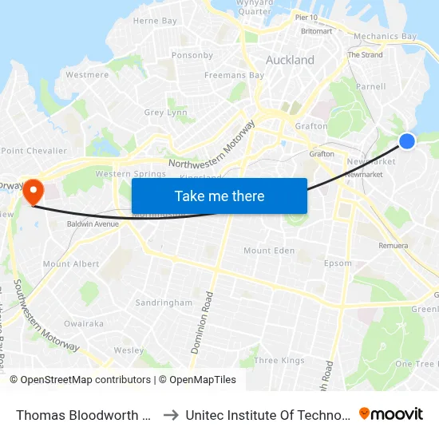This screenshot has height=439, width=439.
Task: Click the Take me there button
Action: tap(219, 196)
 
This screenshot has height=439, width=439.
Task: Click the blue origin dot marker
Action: tap(406, 140)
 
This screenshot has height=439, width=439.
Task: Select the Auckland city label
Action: tap(290, 60)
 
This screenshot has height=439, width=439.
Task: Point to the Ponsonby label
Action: tap(192, 55)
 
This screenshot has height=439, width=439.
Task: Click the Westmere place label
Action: tap(87, 75)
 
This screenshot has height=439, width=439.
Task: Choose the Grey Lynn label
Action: tap(165, 113)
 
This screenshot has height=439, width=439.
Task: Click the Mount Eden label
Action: tap(270, 251)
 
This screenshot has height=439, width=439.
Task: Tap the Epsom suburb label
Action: tap(338, 263)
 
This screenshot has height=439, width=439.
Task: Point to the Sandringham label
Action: tap(164, 303)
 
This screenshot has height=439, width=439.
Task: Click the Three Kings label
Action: tap(279, 361)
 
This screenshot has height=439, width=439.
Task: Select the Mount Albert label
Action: tap(71, 264)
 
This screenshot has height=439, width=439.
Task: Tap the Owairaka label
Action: tap(84, 324)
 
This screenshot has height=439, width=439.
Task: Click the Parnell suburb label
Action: tap(371, 86)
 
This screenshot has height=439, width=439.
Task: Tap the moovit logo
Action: tap(391, 413)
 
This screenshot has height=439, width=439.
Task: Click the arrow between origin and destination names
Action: tap(171, 414)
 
